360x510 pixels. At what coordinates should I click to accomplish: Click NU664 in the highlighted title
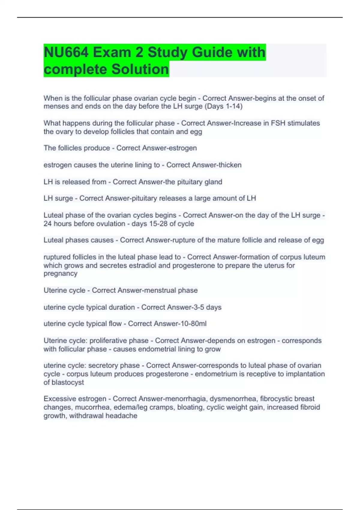[x=66, y=52]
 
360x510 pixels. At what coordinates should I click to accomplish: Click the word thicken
[x=229, y=165]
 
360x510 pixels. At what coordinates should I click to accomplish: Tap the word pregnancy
[x=60, y=274]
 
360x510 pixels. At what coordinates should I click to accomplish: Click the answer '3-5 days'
[x=207, y=307]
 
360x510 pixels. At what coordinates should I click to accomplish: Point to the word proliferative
[x=119, y=341]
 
